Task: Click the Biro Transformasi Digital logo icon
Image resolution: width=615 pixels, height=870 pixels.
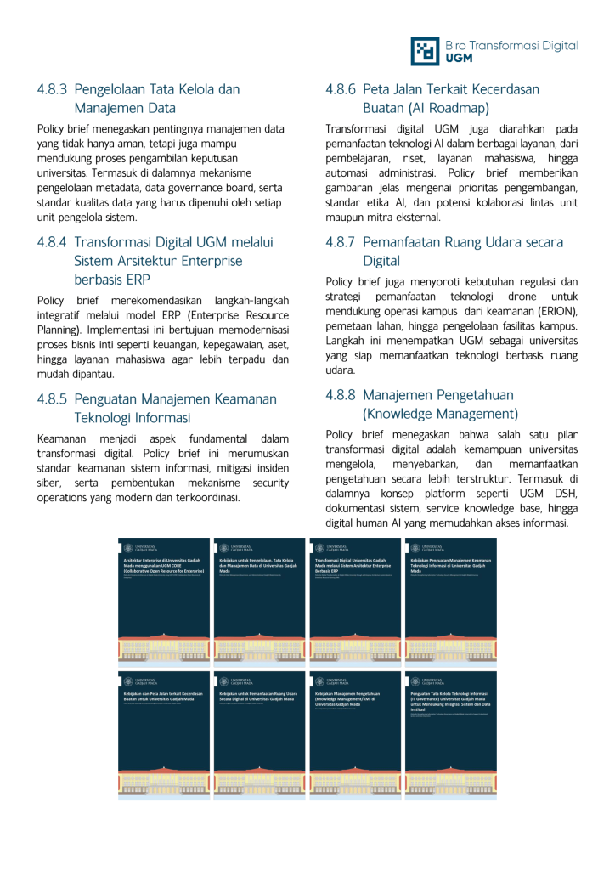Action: pyautogui.click(x=426, y=51)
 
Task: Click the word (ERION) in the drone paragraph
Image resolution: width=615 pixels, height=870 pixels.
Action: pyautogui.click(x=552, y=312)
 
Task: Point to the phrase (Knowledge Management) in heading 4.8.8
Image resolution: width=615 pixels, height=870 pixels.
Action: pyautogui.click(x=440, y=414)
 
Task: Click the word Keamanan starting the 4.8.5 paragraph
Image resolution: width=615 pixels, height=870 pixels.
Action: pyautogui.click(x=65, y=438)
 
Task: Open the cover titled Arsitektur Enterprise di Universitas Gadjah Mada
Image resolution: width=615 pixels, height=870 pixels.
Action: pyautogui.click(x=164, y=600)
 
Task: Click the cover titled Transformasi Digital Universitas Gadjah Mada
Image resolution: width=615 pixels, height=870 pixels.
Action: pyautogui.click(x=355, y=600)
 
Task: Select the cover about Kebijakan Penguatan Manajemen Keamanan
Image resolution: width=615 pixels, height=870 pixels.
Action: pyautogui.click(x=450, y=600)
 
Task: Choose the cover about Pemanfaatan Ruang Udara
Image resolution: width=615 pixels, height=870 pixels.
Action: pyautogui.click(x=259, y=734)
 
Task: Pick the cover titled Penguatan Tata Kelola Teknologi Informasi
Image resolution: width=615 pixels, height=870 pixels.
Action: pyautogui.click(x=450, y=734)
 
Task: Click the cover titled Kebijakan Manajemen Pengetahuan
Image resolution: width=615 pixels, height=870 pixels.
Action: pyautogui.click(x=355, y=734)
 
